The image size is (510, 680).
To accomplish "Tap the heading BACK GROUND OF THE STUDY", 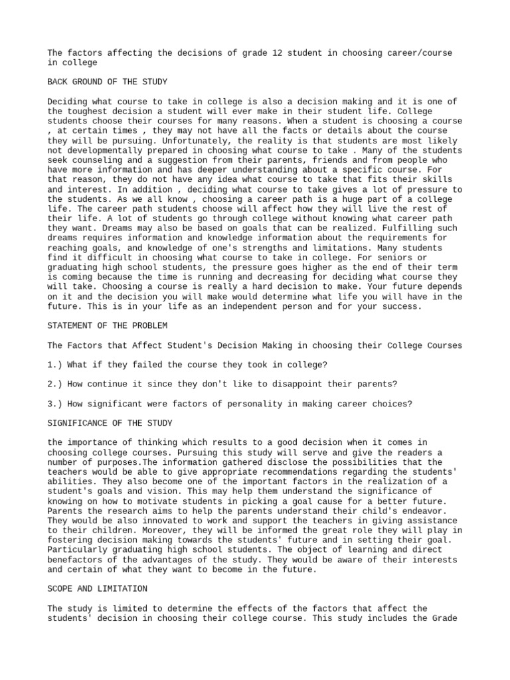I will click(x=107, y=82).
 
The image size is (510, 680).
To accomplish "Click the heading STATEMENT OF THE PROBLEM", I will click(x=107, y=326).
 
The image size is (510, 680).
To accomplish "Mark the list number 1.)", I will click(x=56, y=365).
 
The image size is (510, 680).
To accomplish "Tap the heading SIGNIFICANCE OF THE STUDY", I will click(x=110, y=424).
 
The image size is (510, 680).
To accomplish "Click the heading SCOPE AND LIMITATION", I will click(x=98, y=589).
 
